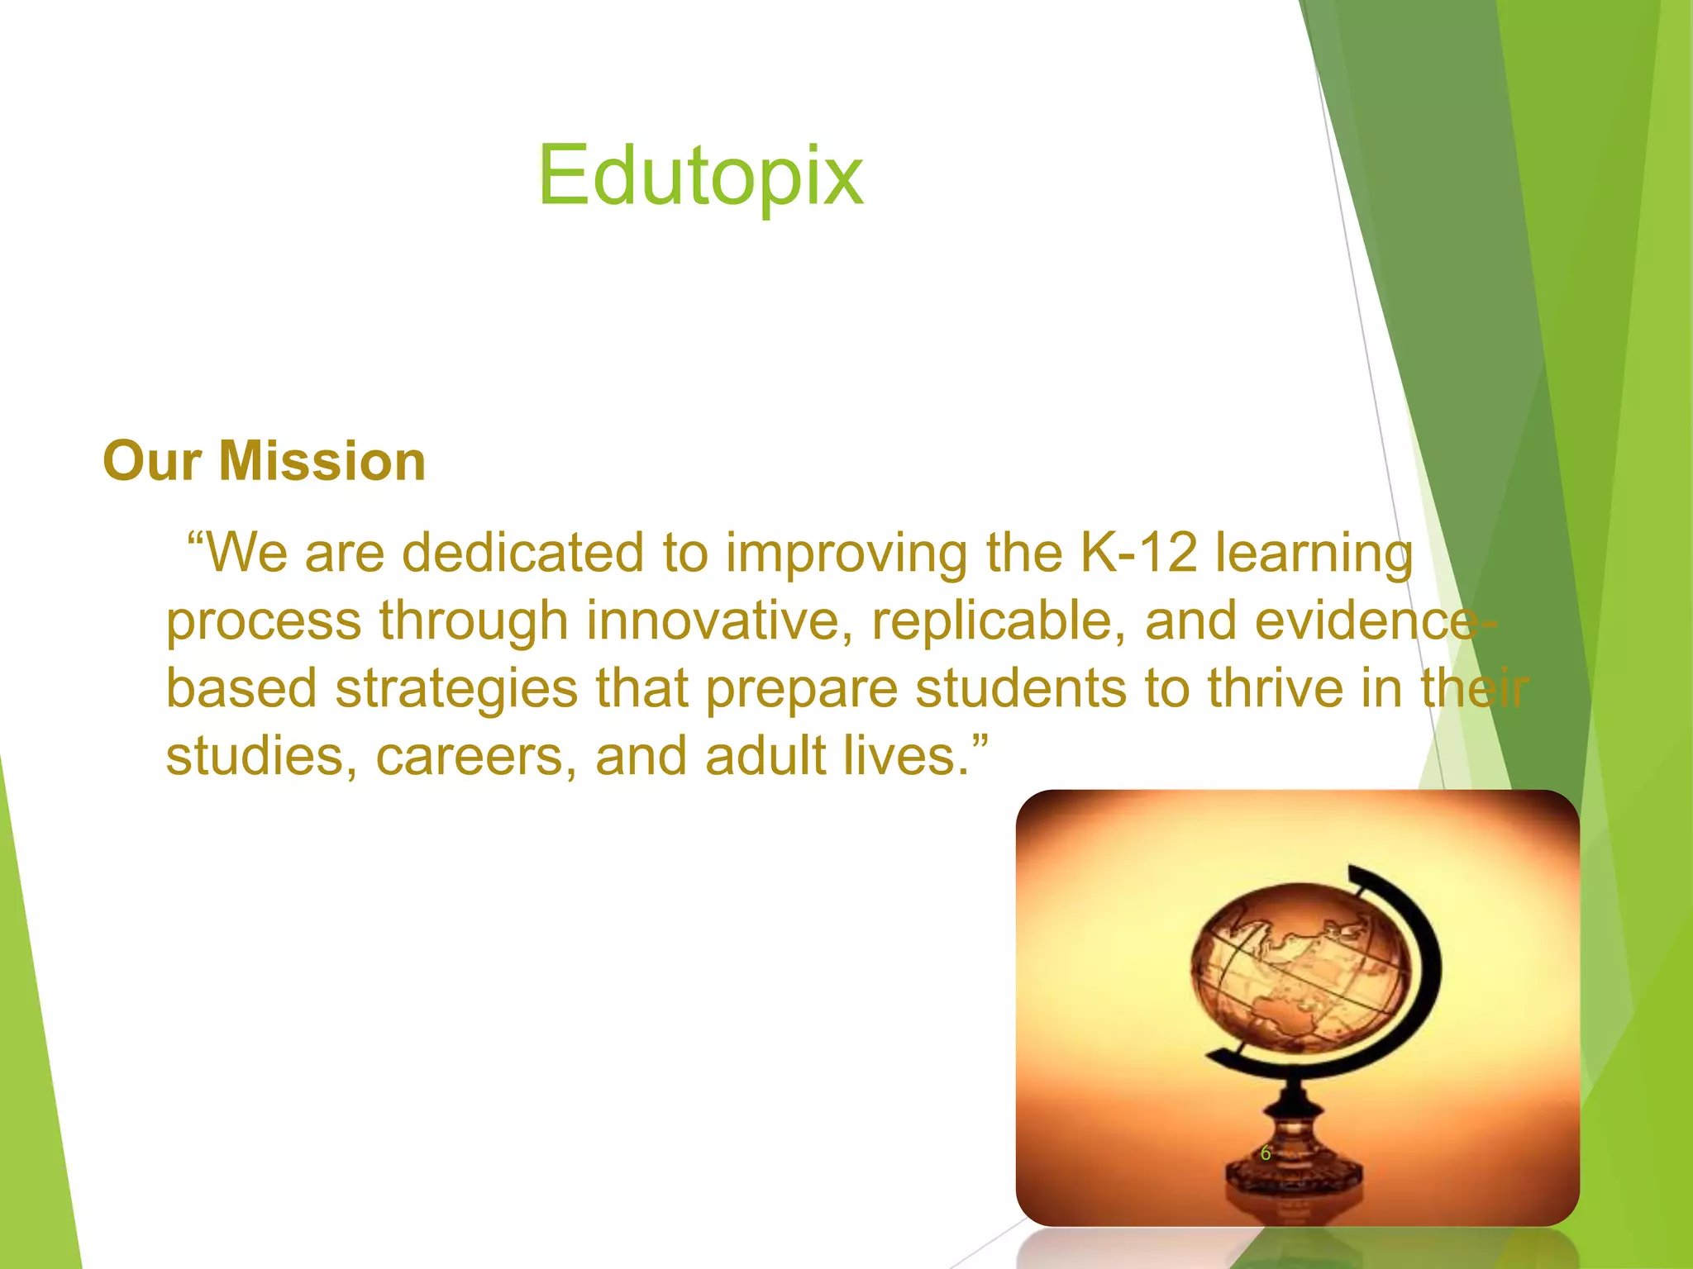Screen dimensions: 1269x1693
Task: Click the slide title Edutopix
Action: pyautogui.click(x=700, y=176)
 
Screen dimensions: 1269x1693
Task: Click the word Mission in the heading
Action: pyautogui.click(x=322, y=461)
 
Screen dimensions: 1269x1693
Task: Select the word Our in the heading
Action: pyautogui.click(x=152, y=461)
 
